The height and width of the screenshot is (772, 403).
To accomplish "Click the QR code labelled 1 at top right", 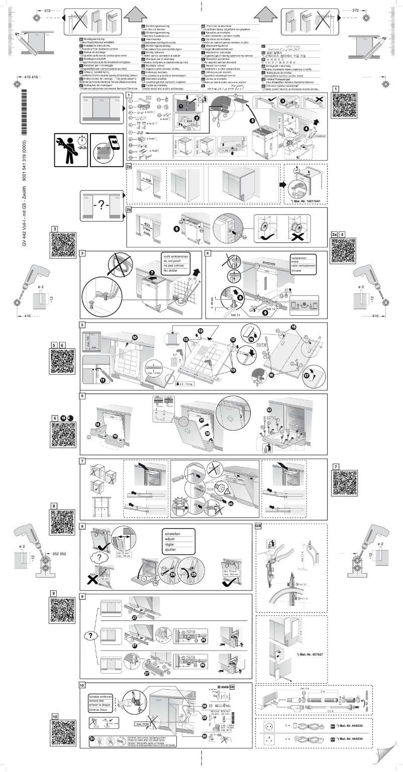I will click(x=345, y=104).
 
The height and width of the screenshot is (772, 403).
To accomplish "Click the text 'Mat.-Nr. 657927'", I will click(x=310, y=655).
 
